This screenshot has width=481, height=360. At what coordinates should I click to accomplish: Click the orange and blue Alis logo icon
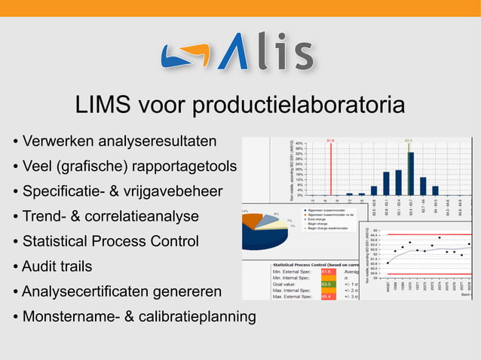(x=185, y=55)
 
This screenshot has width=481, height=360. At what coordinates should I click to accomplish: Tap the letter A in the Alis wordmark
(x=234, y=52)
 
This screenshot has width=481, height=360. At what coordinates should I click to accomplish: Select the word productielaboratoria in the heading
(x=298, y=106)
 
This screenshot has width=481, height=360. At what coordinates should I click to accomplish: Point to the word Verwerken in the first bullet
(x=58, y=141)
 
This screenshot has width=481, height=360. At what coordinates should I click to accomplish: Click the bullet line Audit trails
(x=57, y=266)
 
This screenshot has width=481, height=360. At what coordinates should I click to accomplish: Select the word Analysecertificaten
(x=87, y=291)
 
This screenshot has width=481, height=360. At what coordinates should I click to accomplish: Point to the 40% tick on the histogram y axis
(x=299, y=143)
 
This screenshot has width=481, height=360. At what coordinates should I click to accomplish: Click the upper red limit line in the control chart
(x=430, y=234)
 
